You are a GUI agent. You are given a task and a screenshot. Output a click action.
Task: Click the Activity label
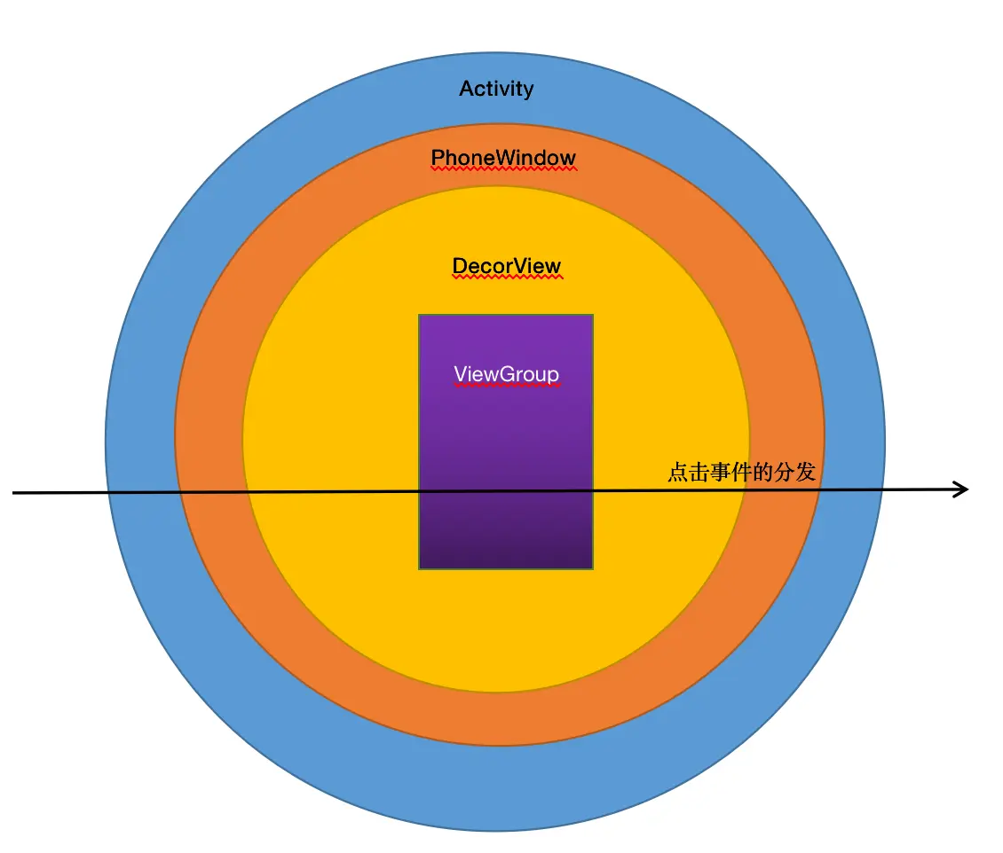(x=496, y=89)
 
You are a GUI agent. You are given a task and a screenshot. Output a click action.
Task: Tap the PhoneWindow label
(x=503, y=158)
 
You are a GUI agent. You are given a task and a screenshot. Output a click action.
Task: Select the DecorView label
(x=507, y=266)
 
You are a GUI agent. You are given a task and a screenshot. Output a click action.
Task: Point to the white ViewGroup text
(x=507, y=374)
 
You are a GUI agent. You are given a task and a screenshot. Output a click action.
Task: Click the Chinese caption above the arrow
(x=741, y=472)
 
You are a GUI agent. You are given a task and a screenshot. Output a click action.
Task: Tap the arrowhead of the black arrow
(x=962, y=489)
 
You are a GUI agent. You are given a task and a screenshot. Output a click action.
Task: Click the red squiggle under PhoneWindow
(x=503, y=169)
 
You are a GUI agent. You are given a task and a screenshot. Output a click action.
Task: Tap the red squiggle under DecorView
(x=507, y=278)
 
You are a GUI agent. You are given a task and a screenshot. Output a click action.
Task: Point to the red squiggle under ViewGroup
(x=507, y=386)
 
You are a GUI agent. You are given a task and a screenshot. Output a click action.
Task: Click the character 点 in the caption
(x=677, y=472)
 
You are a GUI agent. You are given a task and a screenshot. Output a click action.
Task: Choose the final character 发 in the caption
(x=805, y=472)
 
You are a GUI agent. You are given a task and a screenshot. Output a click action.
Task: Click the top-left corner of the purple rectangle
(x=420, y=315)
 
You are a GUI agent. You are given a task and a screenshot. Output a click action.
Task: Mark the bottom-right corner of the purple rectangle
(x=592, y=567)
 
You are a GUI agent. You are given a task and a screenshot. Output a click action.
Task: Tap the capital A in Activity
(x=466, y=89)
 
